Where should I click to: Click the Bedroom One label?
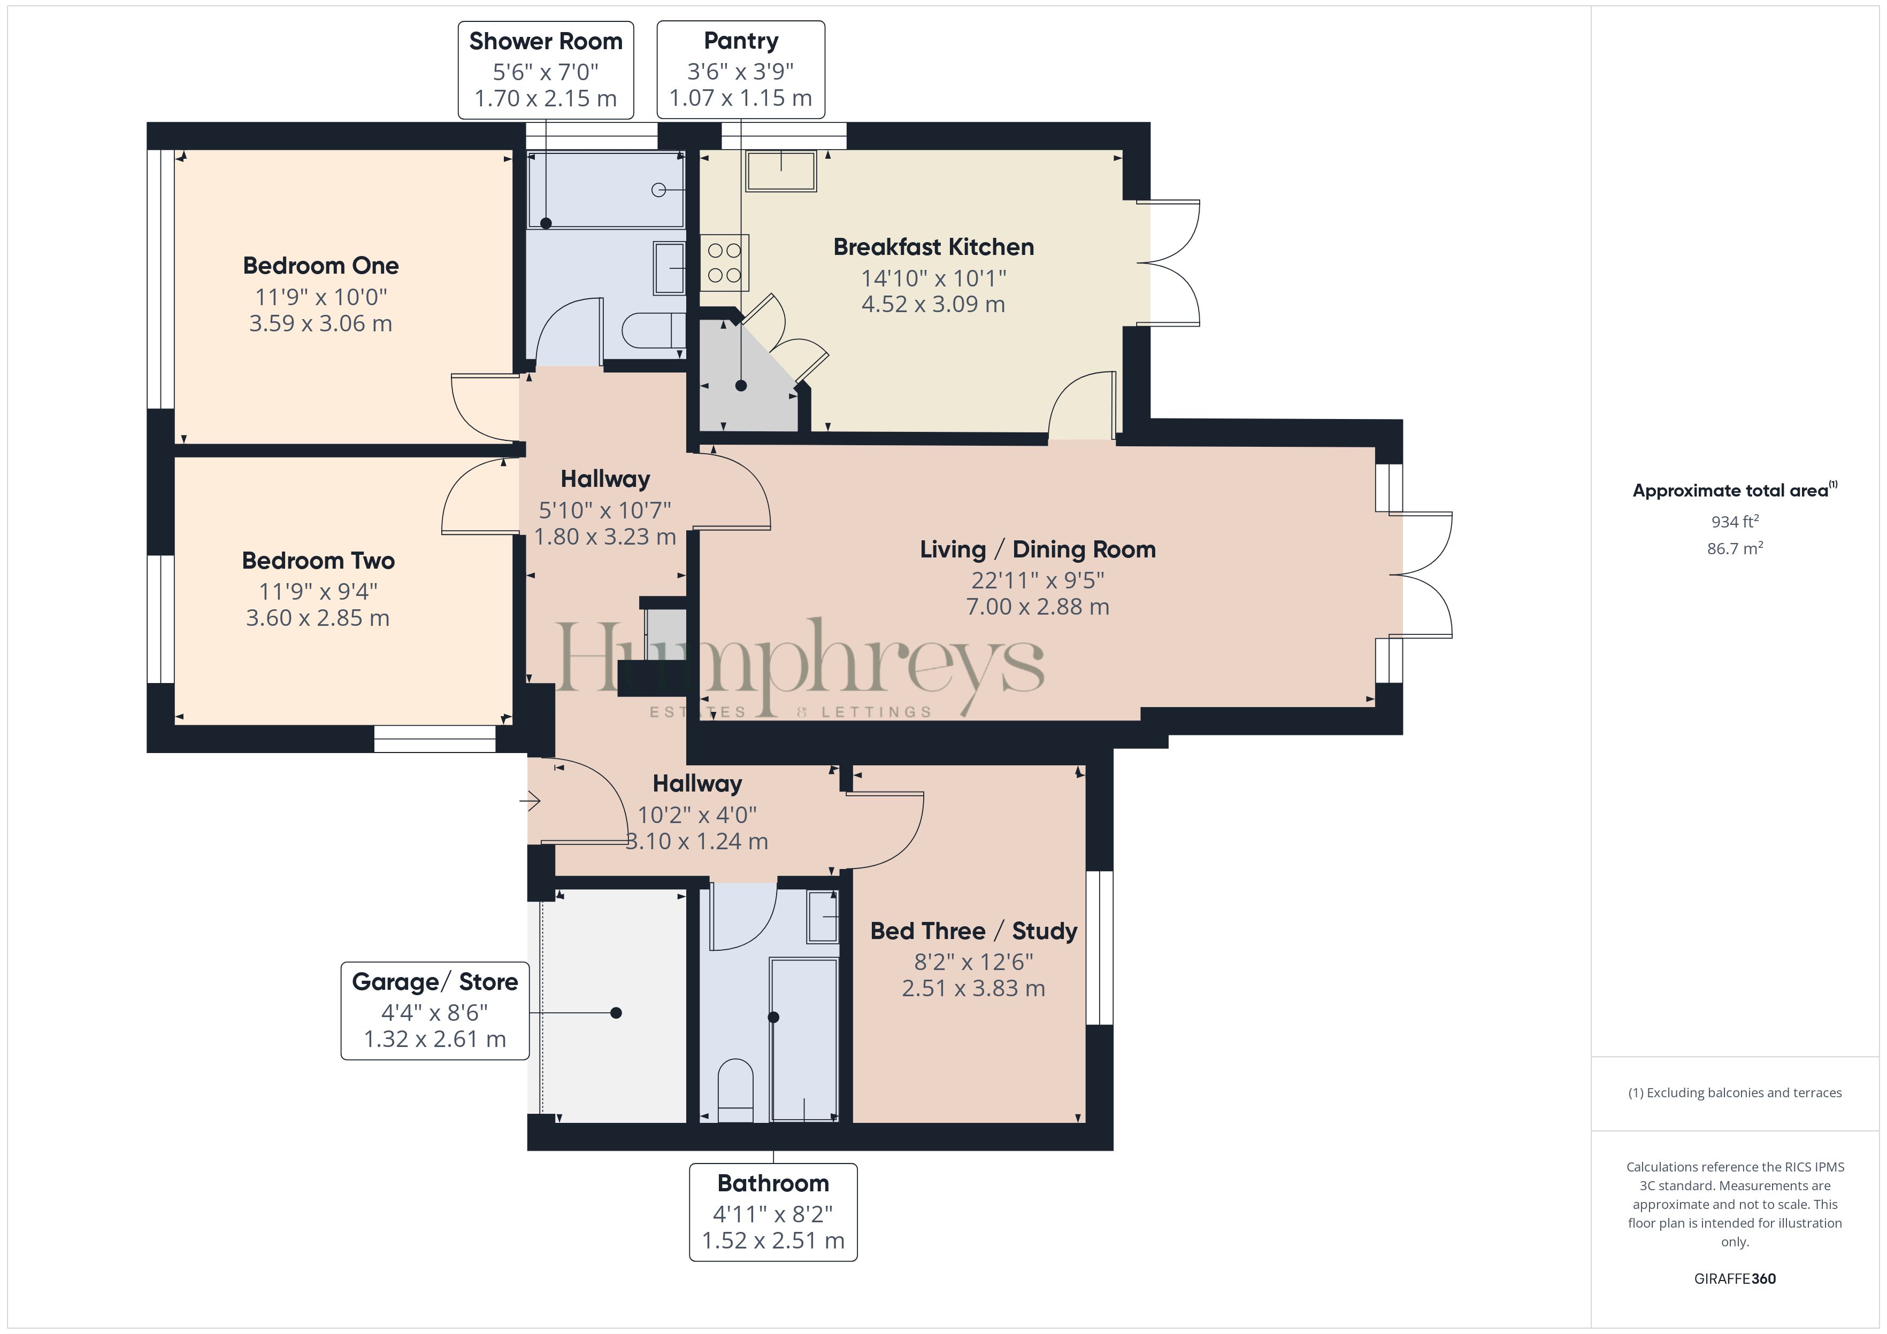[x=320, y=265]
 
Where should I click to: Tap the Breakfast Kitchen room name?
[x=934, y=246]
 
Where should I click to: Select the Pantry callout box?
[x=740, y=70]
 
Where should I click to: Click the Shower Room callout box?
[x=546, y=70]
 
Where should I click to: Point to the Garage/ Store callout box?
[x=435, y=1010]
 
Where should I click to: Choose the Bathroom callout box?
[x=773, y=1212]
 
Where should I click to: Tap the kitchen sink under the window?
[x=781, y=171]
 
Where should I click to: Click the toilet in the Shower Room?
[x=654, y=331]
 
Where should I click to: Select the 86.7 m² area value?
[x=1735, y=548]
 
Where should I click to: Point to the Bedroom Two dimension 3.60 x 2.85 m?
[x=318, y=618]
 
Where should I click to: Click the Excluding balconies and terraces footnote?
[x=1735, y=1092]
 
